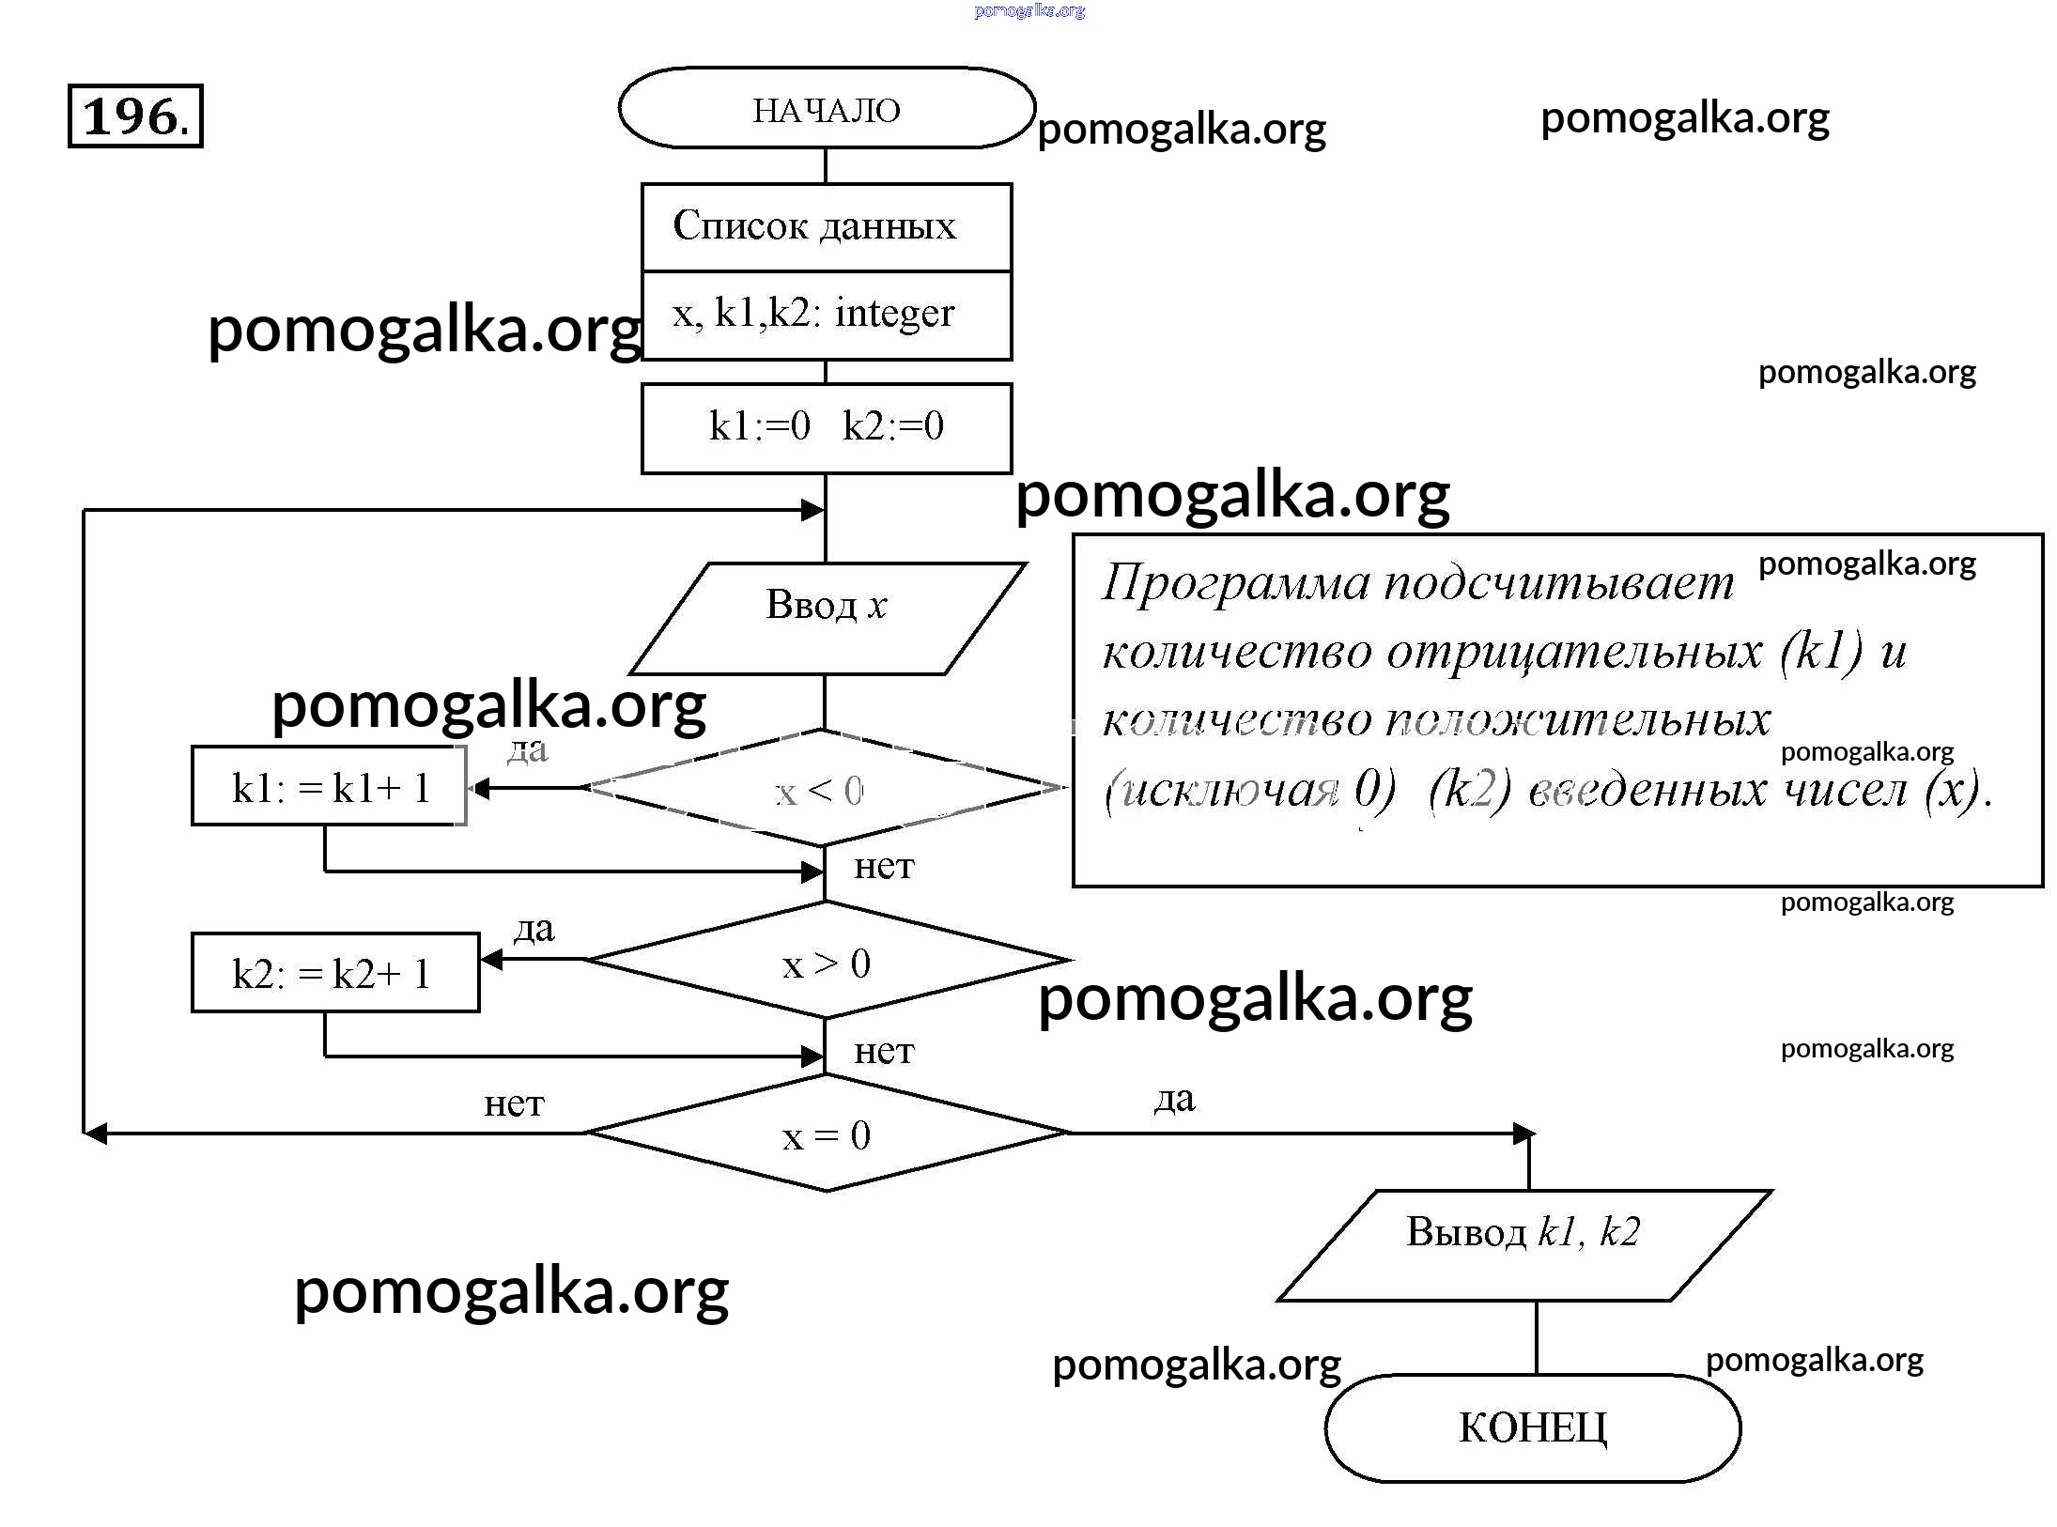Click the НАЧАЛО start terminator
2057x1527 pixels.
coord(827,108)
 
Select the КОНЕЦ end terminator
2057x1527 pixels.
coord(1533,1427)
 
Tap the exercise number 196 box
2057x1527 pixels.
coord(135,116)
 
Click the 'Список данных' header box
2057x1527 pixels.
coord(827,226)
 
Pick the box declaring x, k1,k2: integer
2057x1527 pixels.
coord(827,315)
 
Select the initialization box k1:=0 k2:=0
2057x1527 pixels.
coord(827,427)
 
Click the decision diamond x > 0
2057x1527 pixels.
coord(827,961)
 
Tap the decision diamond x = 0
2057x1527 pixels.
coord(827,1134)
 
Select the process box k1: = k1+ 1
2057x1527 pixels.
coord(329,786)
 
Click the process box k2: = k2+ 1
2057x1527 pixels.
coord(335,972)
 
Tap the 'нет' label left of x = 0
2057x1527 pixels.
coord(514,1103)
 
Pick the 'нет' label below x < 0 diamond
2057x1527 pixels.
coord(884,865)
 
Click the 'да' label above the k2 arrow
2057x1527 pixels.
coord(534,928)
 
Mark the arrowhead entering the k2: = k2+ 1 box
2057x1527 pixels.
coord(490,959)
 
